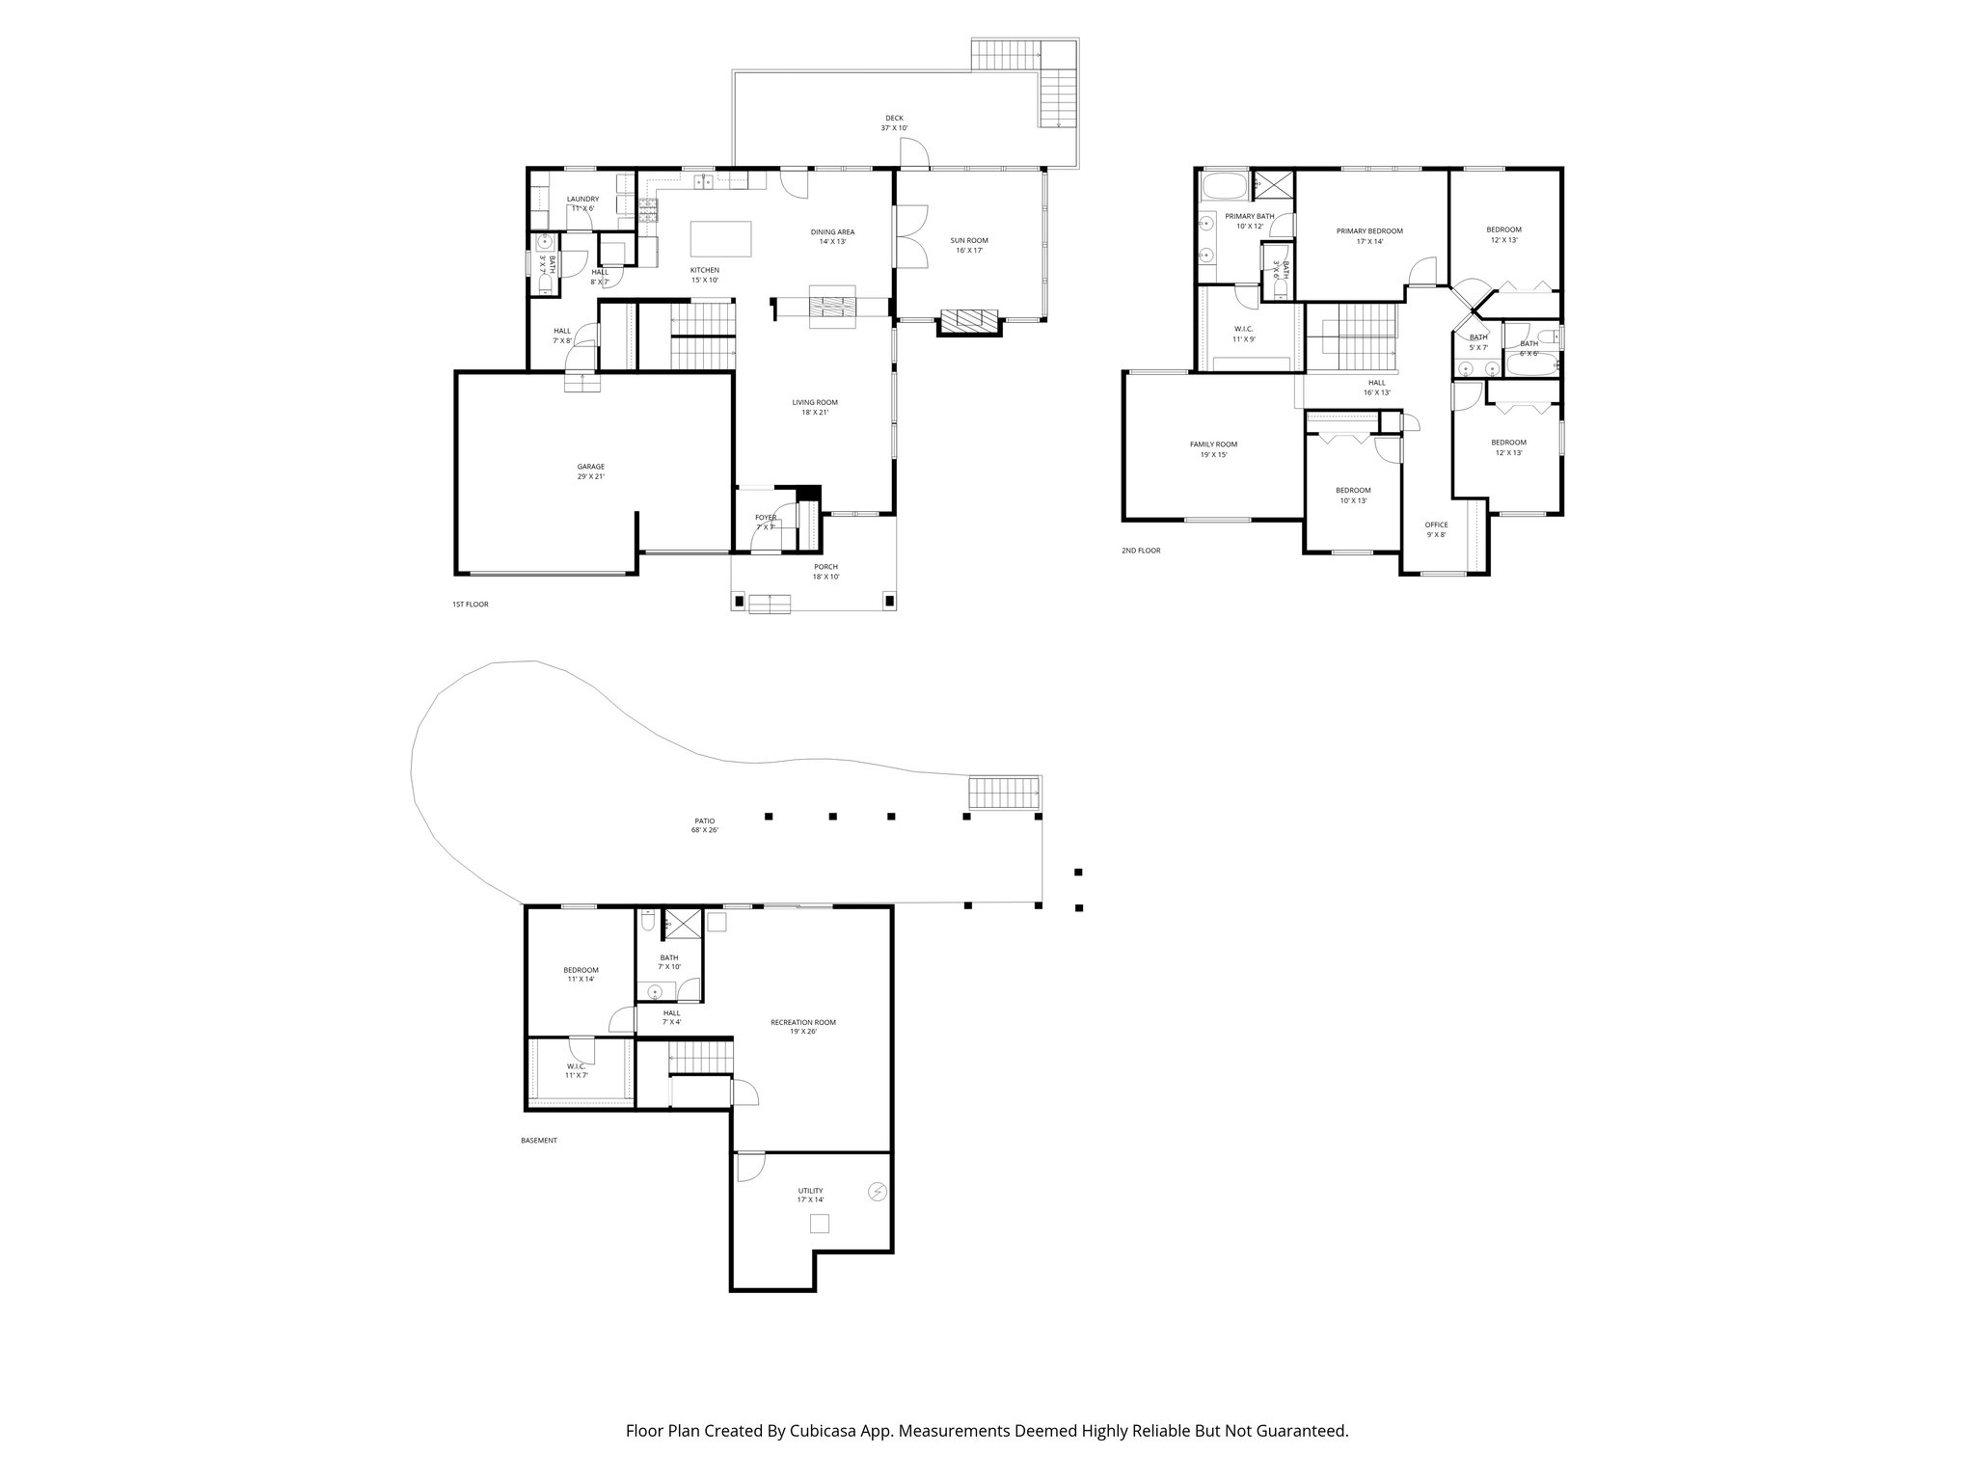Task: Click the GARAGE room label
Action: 591,471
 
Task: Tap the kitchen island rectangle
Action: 721,237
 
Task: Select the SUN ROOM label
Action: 969,245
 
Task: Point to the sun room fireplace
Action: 969,321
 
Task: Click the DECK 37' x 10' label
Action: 894,122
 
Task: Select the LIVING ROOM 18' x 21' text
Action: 815,407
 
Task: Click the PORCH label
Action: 825,571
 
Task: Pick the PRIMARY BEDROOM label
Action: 1369,235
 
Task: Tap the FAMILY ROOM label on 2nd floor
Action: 1213,449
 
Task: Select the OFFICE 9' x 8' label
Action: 1436,529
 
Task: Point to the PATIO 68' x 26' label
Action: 704,824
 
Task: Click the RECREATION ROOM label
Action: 803,1026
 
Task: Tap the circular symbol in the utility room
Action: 877,1192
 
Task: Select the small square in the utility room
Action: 819,1224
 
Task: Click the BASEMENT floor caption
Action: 538,1140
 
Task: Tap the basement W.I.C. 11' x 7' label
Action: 577,1070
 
